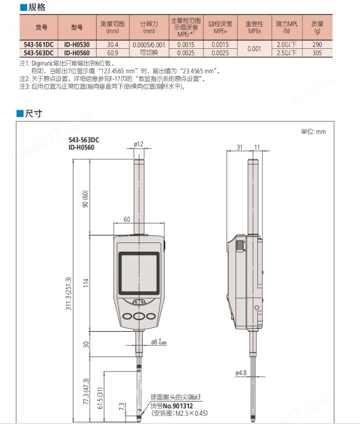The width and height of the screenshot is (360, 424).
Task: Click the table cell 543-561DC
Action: (x=39, y=45)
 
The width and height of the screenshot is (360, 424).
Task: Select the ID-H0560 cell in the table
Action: (x=76, y=52)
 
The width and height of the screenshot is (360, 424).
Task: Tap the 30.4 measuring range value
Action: (x=112, y=45)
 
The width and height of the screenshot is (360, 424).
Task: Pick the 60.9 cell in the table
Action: (x=112, y=52)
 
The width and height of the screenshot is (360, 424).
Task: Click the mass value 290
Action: (x=317, y=45)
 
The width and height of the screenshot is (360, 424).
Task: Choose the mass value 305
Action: (x=317, y=52)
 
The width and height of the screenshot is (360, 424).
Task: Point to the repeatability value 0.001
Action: (x=255, y=48)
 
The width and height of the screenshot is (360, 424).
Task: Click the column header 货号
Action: (x=41, y=28)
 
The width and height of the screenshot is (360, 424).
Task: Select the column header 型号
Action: (x=77, y=28)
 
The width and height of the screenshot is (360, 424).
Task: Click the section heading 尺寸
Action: (x=33, y=113)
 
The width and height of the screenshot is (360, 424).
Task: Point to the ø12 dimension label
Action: (x=139, y=145)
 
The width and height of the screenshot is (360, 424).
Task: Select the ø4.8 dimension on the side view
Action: (x=241, y=373)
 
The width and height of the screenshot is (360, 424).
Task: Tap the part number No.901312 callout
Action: (x=177, y=406)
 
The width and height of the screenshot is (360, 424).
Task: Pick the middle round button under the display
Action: (x=139, y=316)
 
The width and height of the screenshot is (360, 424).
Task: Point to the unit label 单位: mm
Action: (x=313, y=132)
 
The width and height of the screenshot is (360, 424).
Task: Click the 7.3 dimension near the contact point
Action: (x=121, y=407)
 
